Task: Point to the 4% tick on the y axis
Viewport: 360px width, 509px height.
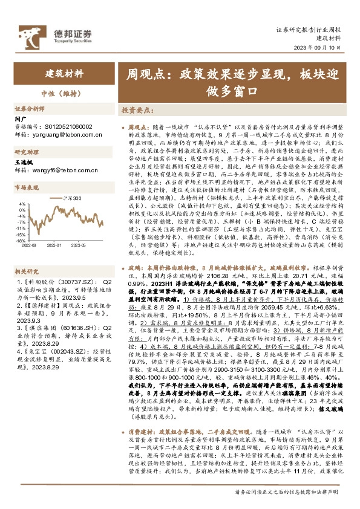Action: click(22, 204)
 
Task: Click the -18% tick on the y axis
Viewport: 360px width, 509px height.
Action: click(21, 240)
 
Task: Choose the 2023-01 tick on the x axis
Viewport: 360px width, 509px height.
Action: click(56, 245)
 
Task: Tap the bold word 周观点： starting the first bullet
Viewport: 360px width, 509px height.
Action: click(140, 128)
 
